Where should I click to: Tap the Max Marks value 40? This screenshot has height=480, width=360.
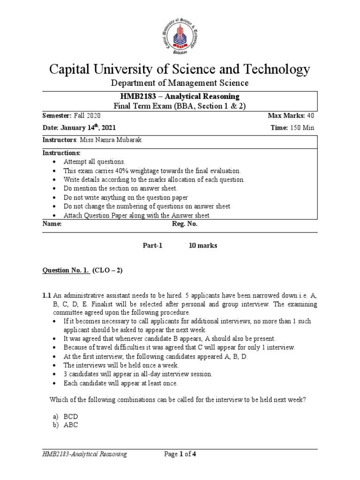click(310, 116)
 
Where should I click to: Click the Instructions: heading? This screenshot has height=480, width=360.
click(62, 153)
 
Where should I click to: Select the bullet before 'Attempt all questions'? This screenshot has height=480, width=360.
click(56, 162)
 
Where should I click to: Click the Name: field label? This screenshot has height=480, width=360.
click(52, 225)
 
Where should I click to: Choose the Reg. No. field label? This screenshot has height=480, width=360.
click(186, 225)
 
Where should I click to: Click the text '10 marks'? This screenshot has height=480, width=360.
click(203, 246)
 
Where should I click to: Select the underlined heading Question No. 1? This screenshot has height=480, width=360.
click(66, 271)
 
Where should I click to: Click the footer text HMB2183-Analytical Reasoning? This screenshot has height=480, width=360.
click(84, 454)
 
